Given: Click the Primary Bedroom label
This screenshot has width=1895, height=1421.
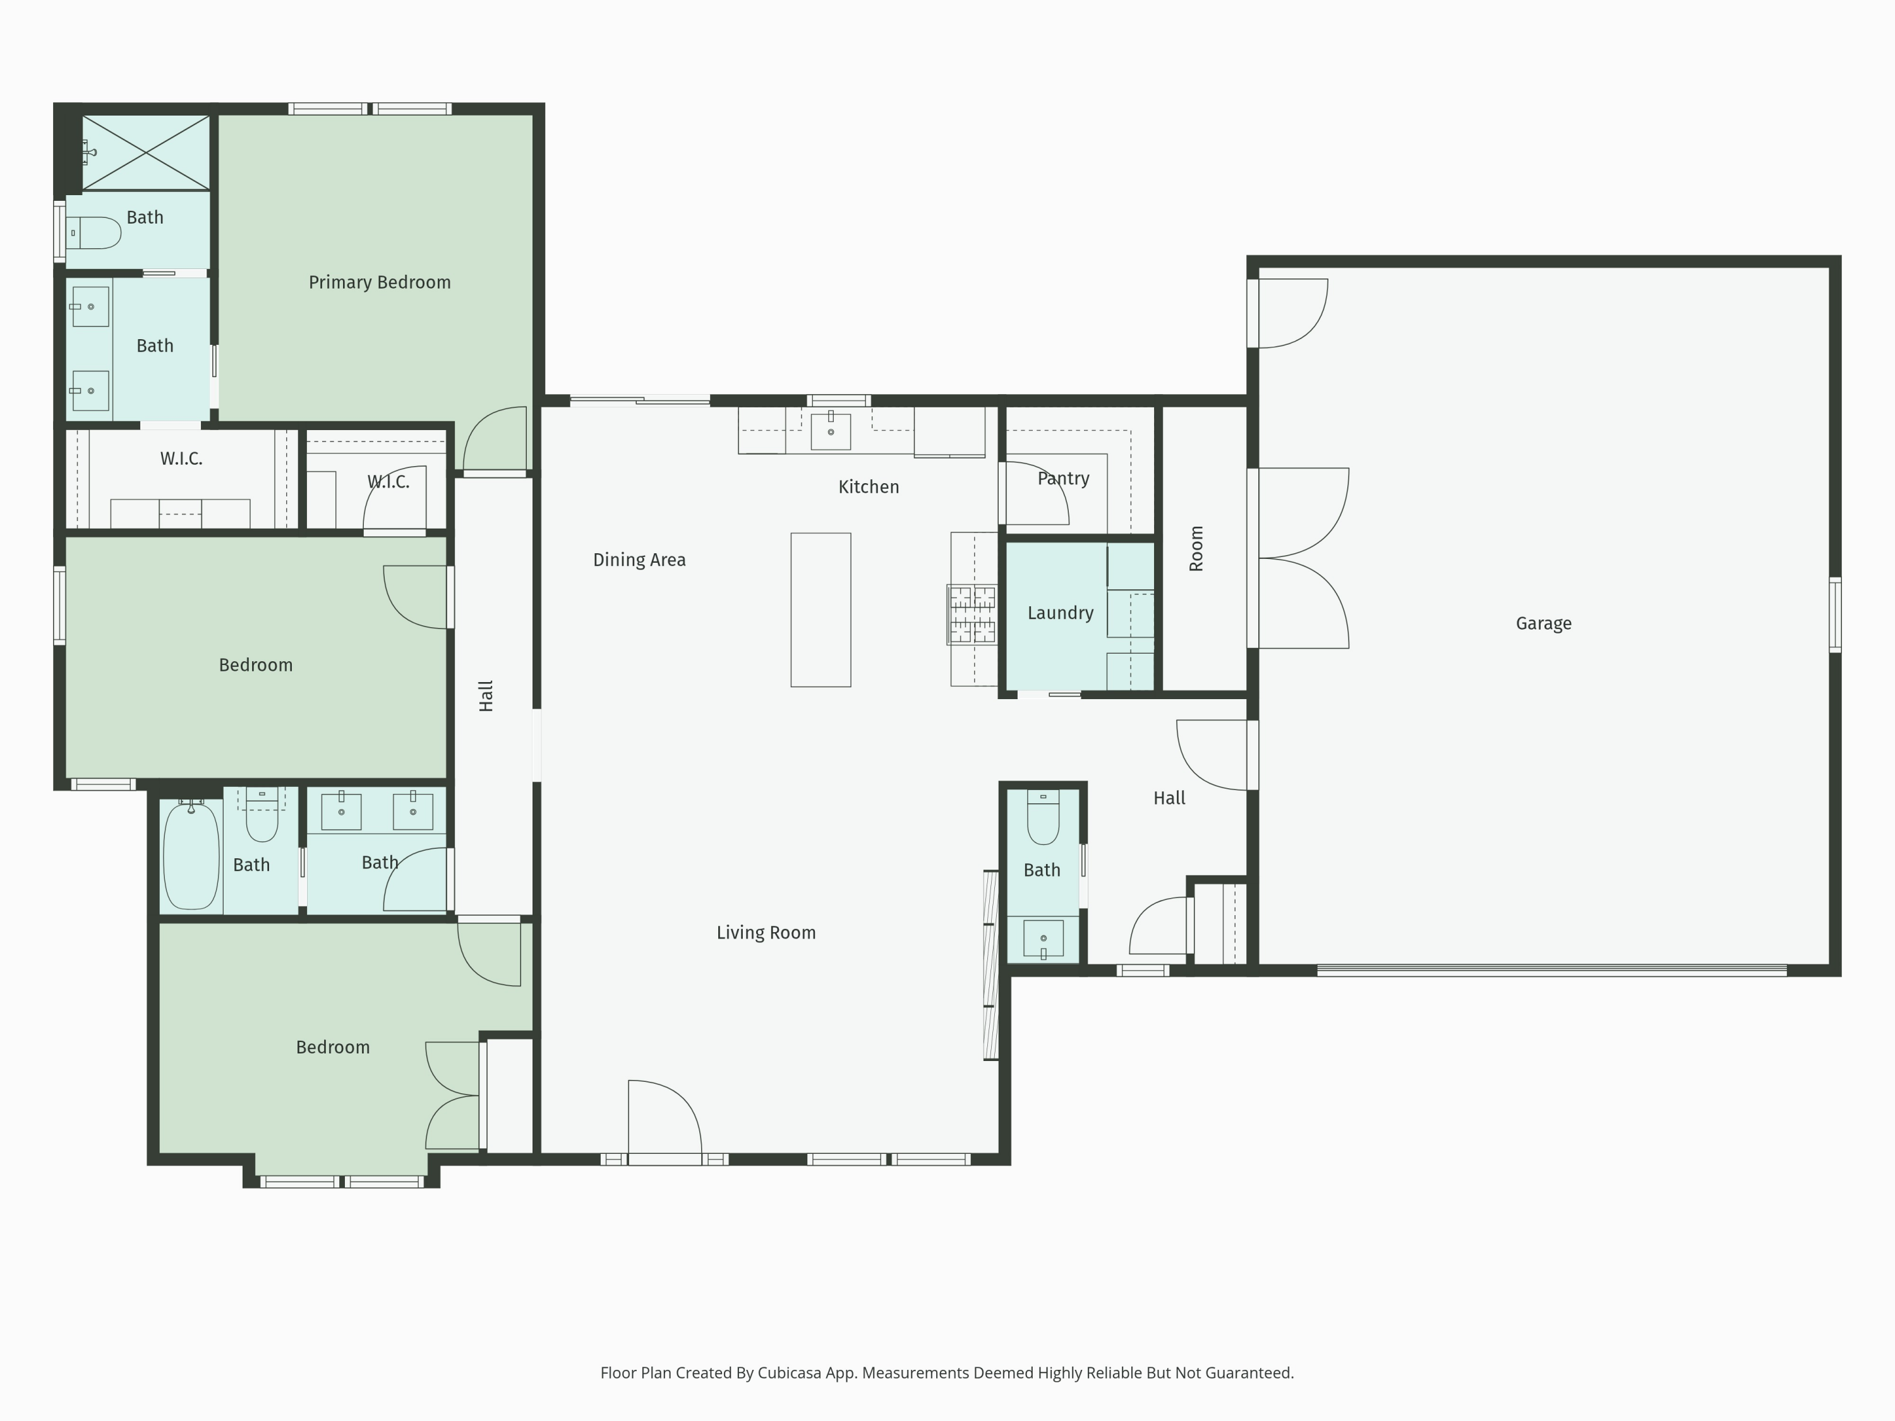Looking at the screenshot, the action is coord(380,283).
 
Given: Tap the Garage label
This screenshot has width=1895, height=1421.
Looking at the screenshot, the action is coord(1544,623).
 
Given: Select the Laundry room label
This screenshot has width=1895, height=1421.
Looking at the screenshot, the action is coord(1061,613).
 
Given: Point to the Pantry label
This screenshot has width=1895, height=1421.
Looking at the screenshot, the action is coord(1063,479).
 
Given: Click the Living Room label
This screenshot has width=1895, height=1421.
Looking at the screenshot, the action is coord(766,933).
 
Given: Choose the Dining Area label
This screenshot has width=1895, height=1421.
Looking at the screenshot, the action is coord(639,560).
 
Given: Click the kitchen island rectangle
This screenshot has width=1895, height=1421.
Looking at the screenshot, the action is coord(821,610).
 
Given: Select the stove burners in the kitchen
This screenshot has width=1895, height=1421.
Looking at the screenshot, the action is coord(972,614).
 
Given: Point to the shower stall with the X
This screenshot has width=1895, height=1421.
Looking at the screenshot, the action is coord(146,152).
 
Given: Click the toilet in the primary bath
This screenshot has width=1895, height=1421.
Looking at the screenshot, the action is coord(93,233).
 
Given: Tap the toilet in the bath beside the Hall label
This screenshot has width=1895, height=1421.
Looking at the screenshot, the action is coord(1043,817).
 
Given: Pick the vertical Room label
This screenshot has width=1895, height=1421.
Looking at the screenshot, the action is coord(1197,549).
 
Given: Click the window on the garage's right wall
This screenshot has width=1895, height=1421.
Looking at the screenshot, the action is coord(1835,615).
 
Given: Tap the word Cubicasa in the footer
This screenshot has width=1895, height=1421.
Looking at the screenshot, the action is coord(790,1373).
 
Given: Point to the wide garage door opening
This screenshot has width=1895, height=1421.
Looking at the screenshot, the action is coord(1551,971).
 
